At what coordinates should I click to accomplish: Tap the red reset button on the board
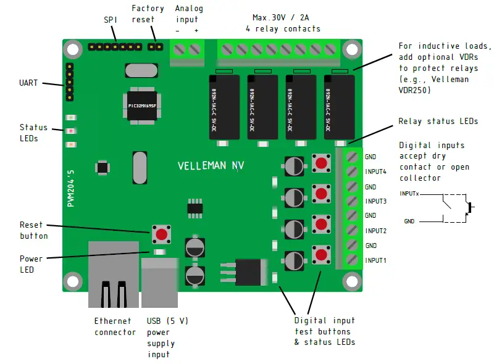point(161,234)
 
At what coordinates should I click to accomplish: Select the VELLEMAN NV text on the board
point(211,166)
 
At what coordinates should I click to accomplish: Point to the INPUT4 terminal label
point(375,172)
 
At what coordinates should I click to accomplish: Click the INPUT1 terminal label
point(375,260)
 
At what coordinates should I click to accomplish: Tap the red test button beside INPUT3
point(321,194)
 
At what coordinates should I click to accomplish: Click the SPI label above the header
point(111,20)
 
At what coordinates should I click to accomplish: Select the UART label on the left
point(28,82)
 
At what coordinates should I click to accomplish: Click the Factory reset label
point(148,14)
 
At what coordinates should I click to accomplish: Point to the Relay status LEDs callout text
point(438,122)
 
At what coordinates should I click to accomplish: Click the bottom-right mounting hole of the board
point(353,281)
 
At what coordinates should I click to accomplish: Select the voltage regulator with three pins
point(244,271)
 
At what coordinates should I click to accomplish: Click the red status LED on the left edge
point(71,131)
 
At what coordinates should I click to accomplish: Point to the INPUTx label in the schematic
point(409,194)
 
